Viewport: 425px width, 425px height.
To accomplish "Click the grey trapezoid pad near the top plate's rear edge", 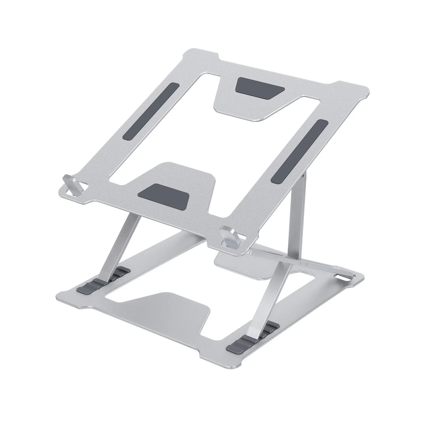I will point(259,88).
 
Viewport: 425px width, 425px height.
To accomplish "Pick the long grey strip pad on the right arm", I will point(299,151).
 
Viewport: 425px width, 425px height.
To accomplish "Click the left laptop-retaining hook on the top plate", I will point(72,184).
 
